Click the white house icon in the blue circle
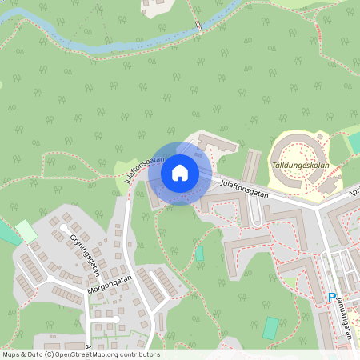(x=180, y=173)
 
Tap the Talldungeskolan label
(x=300, y=166)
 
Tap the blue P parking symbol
(x=332, y=298)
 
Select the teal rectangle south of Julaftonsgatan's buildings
(x=199, y=254)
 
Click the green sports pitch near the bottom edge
(x=271, y=328)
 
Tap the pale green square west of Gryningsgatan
(x=26, y=232)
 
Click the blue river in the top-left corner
(x=32, y=16)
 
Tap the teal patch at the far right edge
(x=354, y=142)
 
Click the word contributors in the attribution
(x=139, y=354)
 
